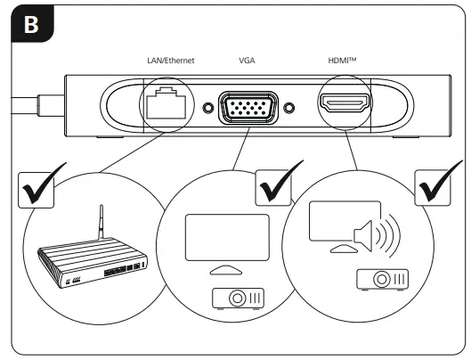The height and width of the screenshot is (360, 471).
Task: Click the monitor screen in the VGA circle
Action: pyautogui.click(x=226, y=233)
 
